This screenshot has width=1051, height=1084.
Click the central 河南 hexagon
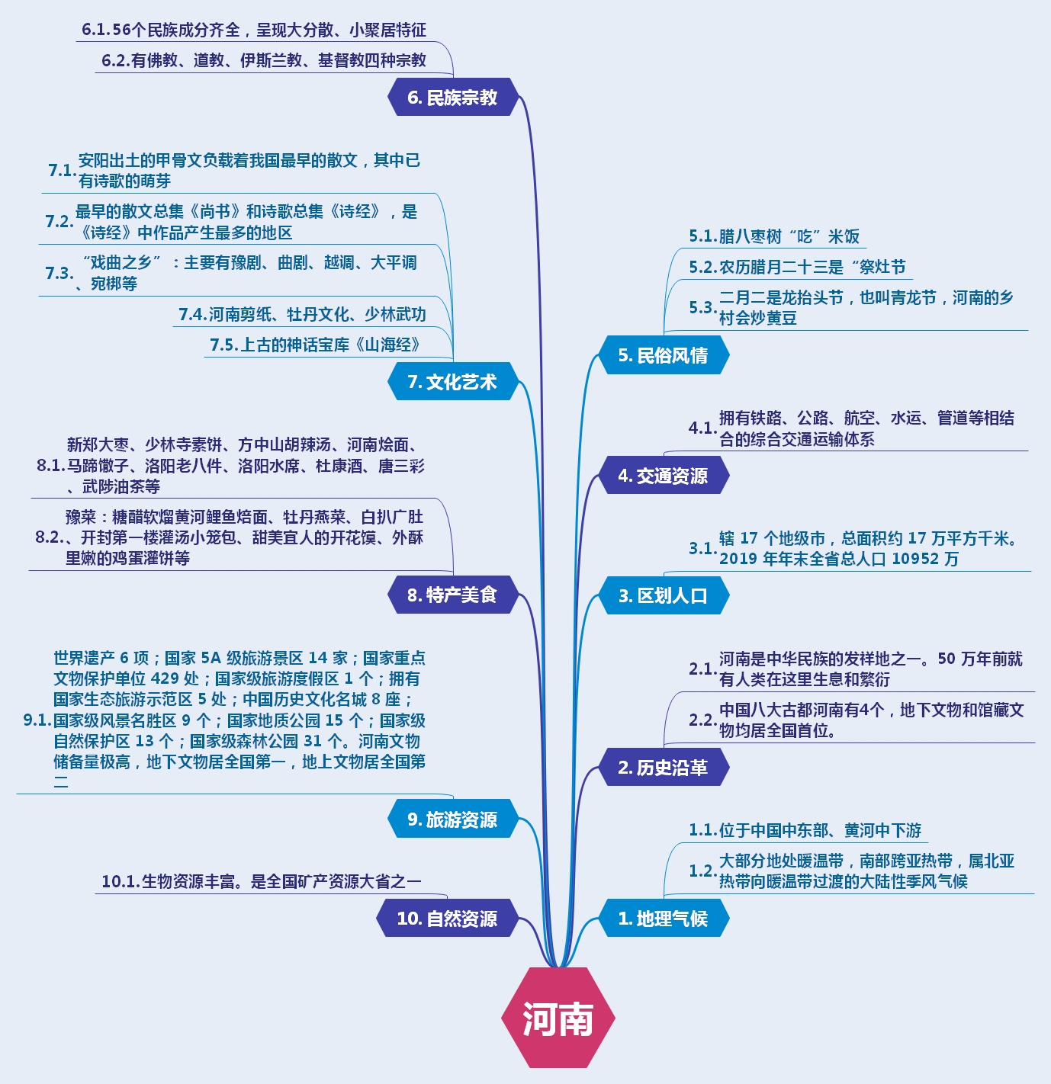(558, 1018)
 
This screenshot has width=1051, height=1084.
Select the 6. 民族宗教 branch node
(453, 98)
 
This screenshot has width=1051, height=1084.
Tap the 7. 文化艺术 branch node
(453, 382)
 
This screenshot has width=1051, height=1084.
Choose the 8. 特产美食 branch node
(453, 595)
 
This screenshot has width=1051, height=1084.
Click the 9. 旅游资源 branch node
(453, 819)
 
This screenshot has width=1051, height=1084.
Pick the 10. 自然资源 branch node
(448, 919)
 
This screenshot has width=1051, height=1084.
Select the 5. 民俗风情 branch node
(663, 355)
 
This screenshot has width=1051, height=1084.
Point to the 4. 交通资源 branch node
(663, 476)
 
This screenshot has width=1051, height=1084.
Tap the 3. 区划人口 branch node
(663, 595)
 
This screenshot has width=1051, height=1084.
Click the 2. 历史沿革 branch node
(663, 768)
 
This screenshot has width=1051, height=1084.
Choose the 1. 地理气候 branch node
(663, 919)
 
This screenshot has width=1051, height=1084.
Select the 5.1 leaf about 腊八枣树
(774, 236)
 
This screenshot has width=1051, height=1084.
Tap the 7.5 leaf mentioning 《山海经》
(315, 345)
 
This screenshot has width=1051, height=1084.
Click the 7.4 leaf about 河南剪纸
(302, 314)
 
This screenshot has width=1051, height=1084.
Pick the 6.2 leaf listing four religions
(264, 60)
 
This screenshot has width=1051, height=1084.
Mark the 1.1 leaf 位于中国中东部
(805, 830)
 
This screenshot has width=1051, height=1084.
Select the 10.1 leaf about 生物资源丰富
(261, 881)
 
